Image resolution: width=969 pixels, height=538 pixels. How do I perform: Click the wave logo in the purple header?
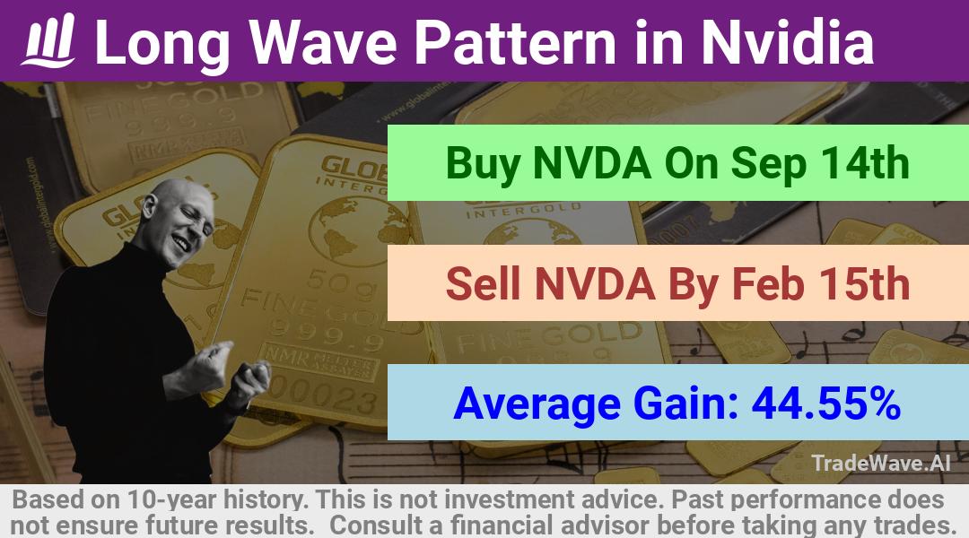[48, 40]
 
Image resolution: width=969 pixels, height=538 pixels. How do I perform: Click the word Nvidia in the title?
[788, 41]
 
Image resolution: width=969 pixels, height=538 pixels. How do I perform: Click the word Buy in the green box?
[483, 164]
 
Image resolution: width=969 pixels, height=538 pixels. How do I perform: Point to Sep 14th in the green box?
[820, 163]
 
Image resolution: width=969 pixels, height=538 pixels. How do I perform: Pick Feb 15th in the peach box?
[821, 283]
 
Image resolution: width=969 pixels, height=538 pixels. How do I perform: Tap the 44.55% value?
[825, 403]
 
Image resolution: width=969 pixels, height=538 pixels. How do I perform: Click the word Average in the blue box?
[537, 404]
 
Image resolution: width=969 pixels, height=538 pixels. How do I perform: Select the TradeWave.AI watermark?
[881, 463]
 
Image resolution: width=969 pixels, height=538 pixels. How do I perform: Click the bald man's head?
[179, 220]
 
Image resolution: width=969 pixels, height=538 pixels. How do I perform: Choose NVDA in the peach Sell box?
[593, 283]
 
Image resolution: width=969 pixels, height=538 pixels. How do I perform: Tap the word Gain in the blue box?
[686, 403]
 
